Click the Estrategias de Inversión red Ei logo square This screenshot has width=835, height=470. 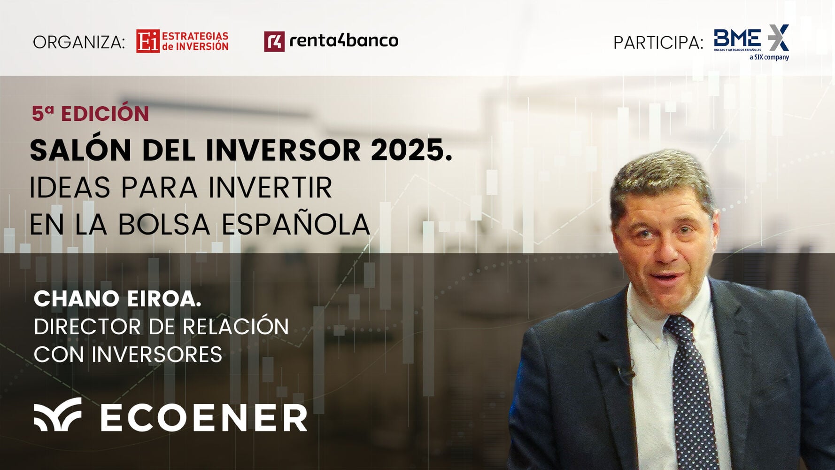click(x=148, y=41)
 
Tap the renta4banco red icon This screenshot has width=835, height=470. click(x=274, y=41)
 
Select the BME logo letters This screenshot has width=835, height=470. click(x=737, y=38)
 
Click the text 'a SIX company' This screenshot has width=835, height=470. click(x=769, y=57)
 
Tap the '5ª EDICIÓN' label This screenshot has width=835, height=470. click(x=90, y=113)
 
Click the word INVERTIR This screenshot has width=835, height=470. click(x=270, y=188)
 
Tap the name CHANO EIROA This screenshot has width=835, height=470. click(x=117, y=298)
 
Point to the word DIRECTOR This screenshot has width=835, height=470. click(x=87, y=327)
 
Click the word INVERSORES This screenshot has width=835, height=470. click(x=157, y=354)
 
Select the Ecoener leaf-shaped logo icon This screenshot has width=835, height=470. click(x=57, y=414)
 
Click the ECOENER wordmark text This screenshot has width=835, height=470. click(x=204, y=417)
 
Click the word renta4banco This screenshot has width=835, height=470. click(x=344, y=41)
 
